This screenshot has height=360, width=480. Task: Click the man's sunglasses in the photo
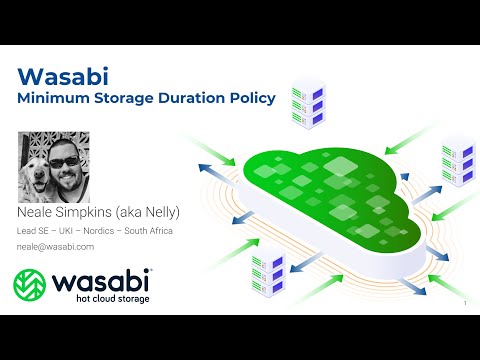(68, 162)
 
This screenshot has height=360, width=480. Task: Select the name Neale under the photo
(34, 213)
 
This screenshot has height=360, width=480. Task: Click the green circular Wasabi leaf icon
(31, 285)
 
